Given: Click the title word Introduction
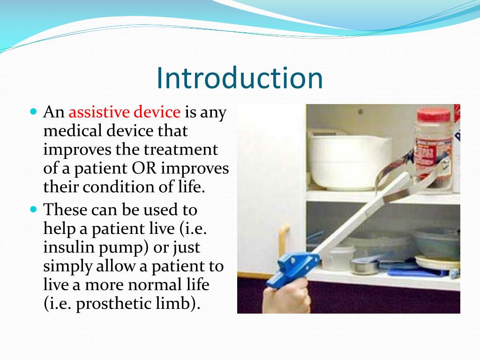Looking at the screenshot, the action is click(240, 78).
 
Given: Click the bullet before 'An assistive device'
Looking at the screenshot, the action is click(34, 111).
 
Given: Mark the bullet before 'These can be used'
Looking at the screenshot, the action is click(34, 210).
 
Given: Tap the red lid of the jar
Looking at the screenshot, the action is click(434, 114).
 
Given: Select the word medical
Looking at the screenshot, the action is click(73, 131).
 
